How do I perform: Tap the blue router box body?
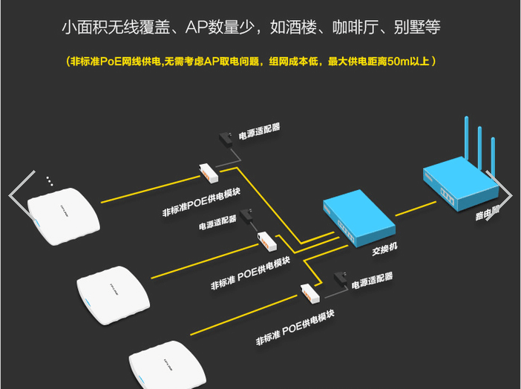(x=453, y=186)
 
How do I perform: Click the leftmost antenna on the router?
(x=466, y=141)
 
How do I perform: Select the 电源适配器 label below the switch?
(x=372, y=280)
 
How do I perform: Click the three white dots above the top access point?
(x=49, y=180)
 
